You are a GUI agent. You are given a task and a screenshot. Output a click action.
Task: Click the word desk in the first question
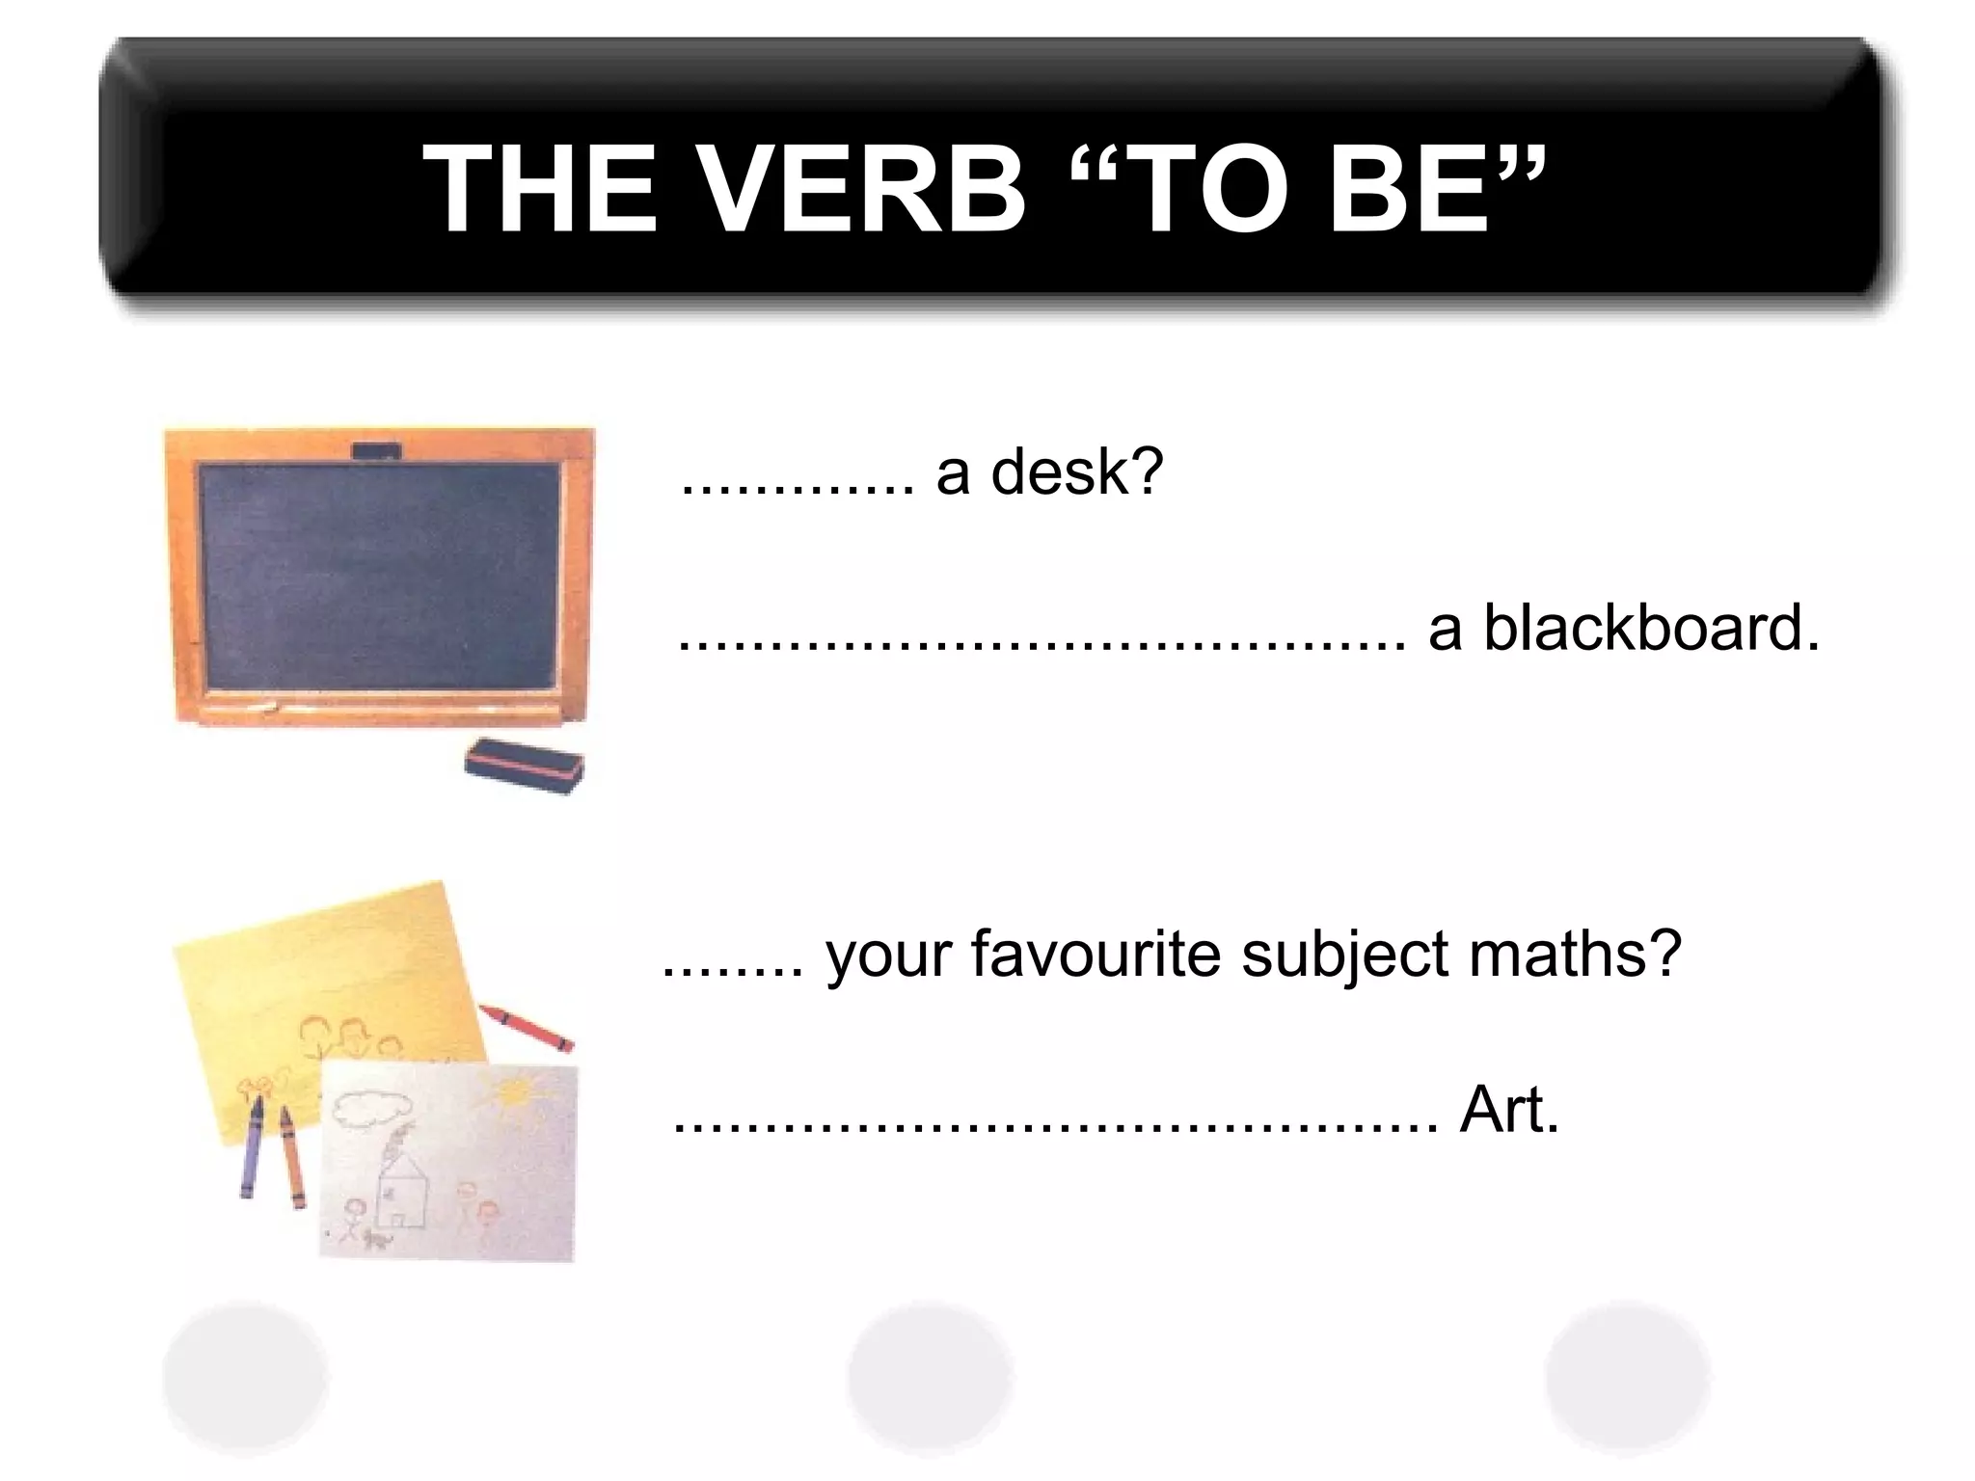(x=1076, y=472)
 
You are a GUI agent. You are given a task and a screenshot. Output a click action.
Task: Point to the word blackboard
(x=1650, y=628)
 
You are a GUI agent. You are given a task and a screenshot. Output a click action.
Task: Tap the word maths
(x=1575, y=954)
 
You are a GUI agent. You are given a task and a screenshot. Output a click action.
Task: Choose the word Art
(x=1508, y=1110)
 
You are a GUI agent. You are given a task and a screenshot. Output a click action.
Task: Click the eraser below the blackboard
(x=524, y=766)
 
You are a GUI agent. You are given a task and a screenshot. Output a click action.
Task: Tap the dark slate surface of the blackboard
(x=379, y=576)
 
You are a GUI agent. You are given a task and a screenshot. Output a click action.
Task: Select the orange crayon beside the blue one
(x=290, y=1157)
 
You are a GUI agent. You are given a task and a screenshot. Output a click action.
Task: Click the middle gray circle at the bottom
(x=930, y=1378)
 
